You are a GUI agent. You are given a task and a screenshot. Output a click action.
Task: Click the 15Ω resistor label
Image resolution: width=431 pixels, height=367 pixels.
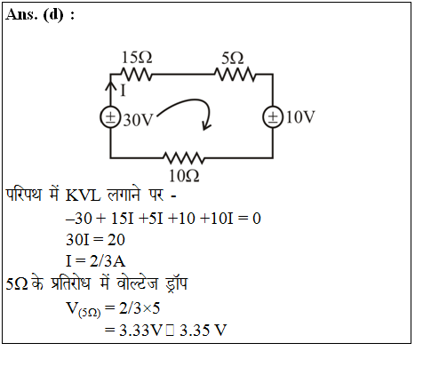(x=137, y=58)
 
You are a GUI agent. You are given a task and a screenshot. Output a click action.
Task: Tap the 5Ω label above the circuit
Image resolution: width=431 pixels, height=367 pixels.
(x=233, y=58)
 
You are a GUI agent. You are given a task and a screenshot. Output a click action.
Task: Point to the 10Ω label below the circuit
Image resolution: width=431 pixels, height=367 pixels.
(x=184, y=176)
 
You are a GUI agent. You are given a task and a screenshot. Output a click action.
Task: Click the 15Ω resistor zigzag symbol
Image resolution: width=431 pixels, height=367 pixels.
(x=136, y=75)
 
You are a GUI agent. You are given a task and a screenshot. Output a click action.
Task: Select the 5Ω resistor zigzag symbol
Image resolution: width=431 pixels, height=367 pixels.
(x=235, y=75)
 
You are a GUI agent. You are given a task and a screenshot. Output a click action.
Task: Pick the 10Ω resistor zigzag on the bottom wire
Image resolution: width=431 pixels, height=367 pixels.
(x=184, y=158)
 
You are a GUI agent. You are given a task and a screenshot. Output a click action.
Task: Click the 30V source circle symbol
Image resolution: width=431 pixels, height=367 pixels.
(x=110, y=117)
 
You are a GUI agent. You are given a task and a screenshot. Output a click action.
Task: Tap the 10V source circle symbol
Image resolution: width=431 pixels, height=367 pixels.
(x=273, y=117)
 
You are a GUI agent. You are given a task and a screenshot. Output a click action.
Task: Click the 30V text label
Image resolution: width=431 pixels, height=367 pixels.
(x=138, y=120)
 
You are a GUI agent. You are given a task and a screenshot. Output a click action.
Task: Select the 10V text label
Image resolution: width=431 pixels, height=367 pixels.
(x=300, y=117)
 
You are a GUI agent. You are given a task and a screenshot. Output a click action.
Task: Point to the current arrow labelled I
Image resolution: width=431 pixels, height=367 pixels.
(x=110, y=89)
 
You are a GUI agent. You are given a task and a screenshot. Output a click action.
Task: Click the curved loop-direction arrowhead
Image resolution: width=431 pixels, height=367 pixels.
(x=206, y=125)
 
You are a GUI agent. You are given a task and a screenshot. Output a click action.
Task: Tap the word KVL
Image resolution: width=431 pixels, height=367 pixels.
(x=83, y=195)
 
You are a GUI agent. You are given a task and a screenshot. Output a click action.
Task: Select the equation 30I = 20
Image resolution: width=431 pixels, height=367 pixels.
(x=95, y=240)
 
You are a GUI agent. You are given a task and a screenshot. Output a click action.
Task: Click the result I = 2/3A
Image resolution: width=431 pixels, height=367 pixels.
(x=95, y=261)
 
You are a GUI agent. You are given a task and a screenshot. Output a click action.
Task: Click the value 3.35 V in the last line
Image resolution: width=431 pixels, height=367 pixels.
(x=203, y=330)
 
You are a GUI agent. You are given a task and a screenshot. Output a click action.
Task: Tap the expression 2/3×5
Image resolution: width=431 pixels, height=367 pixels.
(x=140, y=308)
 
